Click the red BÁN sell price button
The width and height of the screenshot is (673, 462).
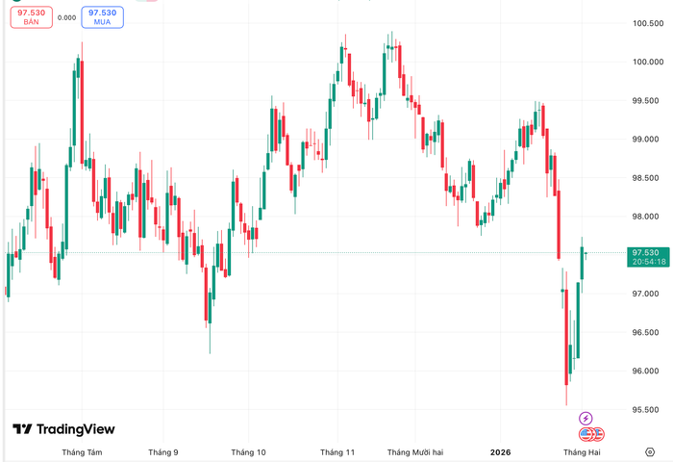click(x=30, y=16)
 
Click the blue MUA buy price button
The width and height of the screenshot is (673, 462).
click(x=102, y=16)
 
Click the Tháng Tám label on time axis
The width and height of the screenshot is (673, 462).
click(x=82, y=451)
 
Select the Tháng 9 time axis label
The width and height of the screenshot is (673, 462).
click(x=163, y=451)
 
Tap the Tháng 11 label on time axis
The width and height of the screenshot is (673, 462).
click(x=337, y=451)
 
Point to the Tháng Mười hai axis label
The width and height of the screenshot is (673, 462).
click(x=414, y=451)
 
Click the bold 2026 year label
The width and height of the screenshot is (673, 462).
click(x=500, y=451)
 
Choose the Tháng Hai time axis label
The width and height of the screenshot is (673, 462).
click(x=582, y=451)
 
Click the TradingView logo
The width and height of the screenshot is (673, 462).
click(x=63, y=429)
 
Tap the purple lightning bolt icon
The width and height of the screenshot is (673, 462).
click(x=586, y=419)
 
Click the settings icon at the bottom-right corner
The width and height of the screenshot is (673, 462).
click(x=650, y=451)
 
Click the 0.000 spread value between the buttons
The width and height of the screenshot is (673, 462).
click(x=67, y=17)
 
